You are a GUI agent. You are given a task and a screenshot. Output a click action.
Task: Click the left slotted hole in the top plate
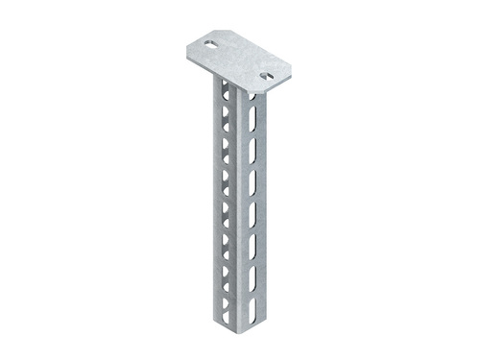click(206, 43)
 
